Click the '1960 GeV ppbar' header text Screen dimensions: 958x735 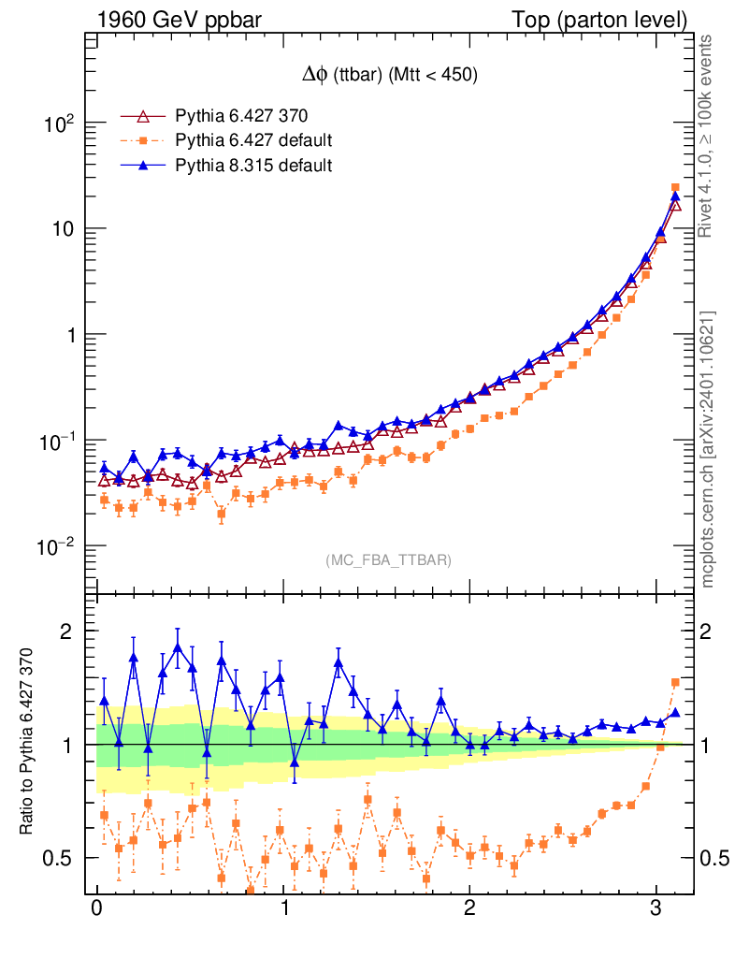pos(174,19)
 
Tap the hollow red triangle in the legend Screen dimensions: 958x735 pos(143,116)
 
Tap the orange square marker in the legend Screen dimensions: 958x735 pos(143,140)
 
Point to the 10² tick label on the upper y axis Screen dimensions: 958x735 pos(59,123)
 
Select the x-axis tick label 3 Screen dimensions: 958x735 pos(656,908)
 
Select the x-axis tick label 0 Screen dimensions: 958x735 pos(96,908)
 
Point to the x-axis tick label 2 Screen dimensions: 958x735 pos(469,908)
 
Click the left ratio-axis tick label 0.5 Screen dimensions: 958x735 pos(60,858)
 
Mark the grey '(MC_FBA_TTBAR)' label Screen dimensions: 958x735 pos(388,560)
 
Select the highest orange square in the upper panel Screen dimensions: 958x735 pos(676,188)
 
